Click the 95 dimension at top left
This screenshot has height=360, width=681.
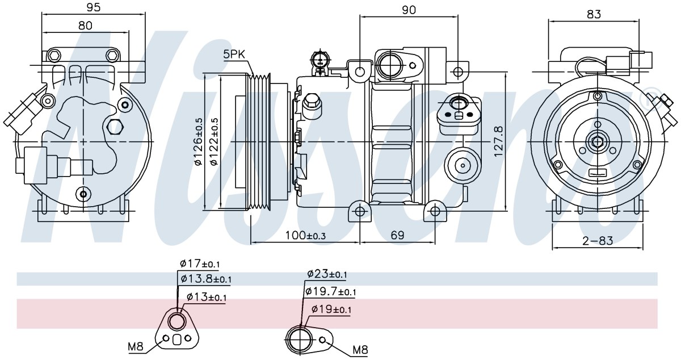click(93, 7)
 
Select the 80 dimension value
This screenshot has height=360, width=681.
click(85, 25)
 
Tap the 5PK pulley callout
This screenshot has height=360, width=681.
click(234, 55)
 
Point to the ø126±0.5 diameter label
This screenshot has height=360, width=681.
click(198, 142)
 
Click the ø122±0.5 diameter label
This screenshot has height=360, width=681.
click(215, 142)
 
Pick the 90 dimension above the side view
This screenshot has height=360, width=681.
click(409, 10)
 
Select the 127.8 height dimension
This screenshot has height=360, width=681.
click(499, 141)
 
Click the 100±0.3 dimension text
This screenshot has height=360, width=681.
click(305, 235)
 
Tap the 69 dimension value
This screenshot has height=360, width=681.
click(397, 235)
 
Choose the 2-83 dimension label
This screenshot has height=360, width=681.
click(598, 241)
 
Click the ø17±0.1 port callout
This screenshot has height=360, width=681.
click(199, 263)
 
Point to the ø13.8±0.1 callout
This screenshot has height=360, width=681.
click(206, 278)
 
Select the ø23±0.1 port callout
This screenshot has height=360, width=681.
click(327, 274)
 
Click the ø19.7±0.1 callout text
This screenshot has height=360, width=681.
click(330, 292)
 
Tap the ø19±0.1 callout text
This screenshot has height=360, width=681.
click(331, 309)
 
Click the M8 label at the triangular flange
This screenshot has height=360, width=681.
click(136, 346)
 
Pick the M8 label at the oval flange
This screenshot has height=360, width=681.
click(360, 350)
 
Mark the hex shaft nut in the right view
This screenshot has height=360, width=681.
click(598, 142)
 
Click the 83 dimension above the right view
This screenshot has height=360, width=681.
click(594, 14)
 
